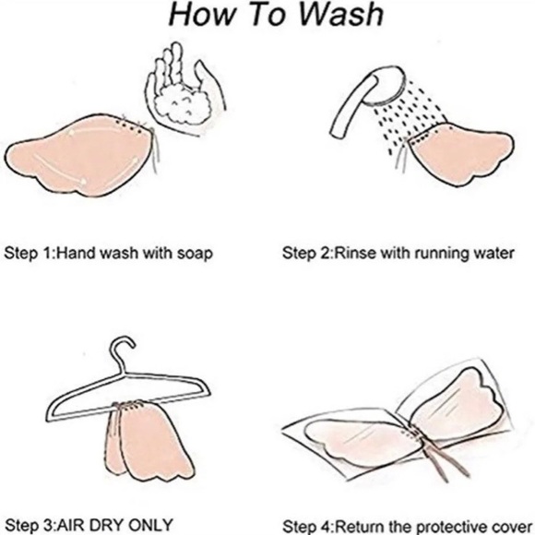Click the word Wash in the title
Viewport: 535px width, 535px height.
341,15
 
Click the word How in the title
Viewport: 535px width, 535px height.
201,15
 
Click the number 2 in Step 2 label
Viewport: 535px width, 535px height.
325,254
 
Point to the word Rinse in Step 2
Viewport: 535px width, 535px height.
354,254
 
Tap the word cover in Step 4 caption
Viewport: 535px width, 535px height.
515,527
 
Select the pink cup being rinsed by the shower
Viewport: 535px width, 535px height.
460,153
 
